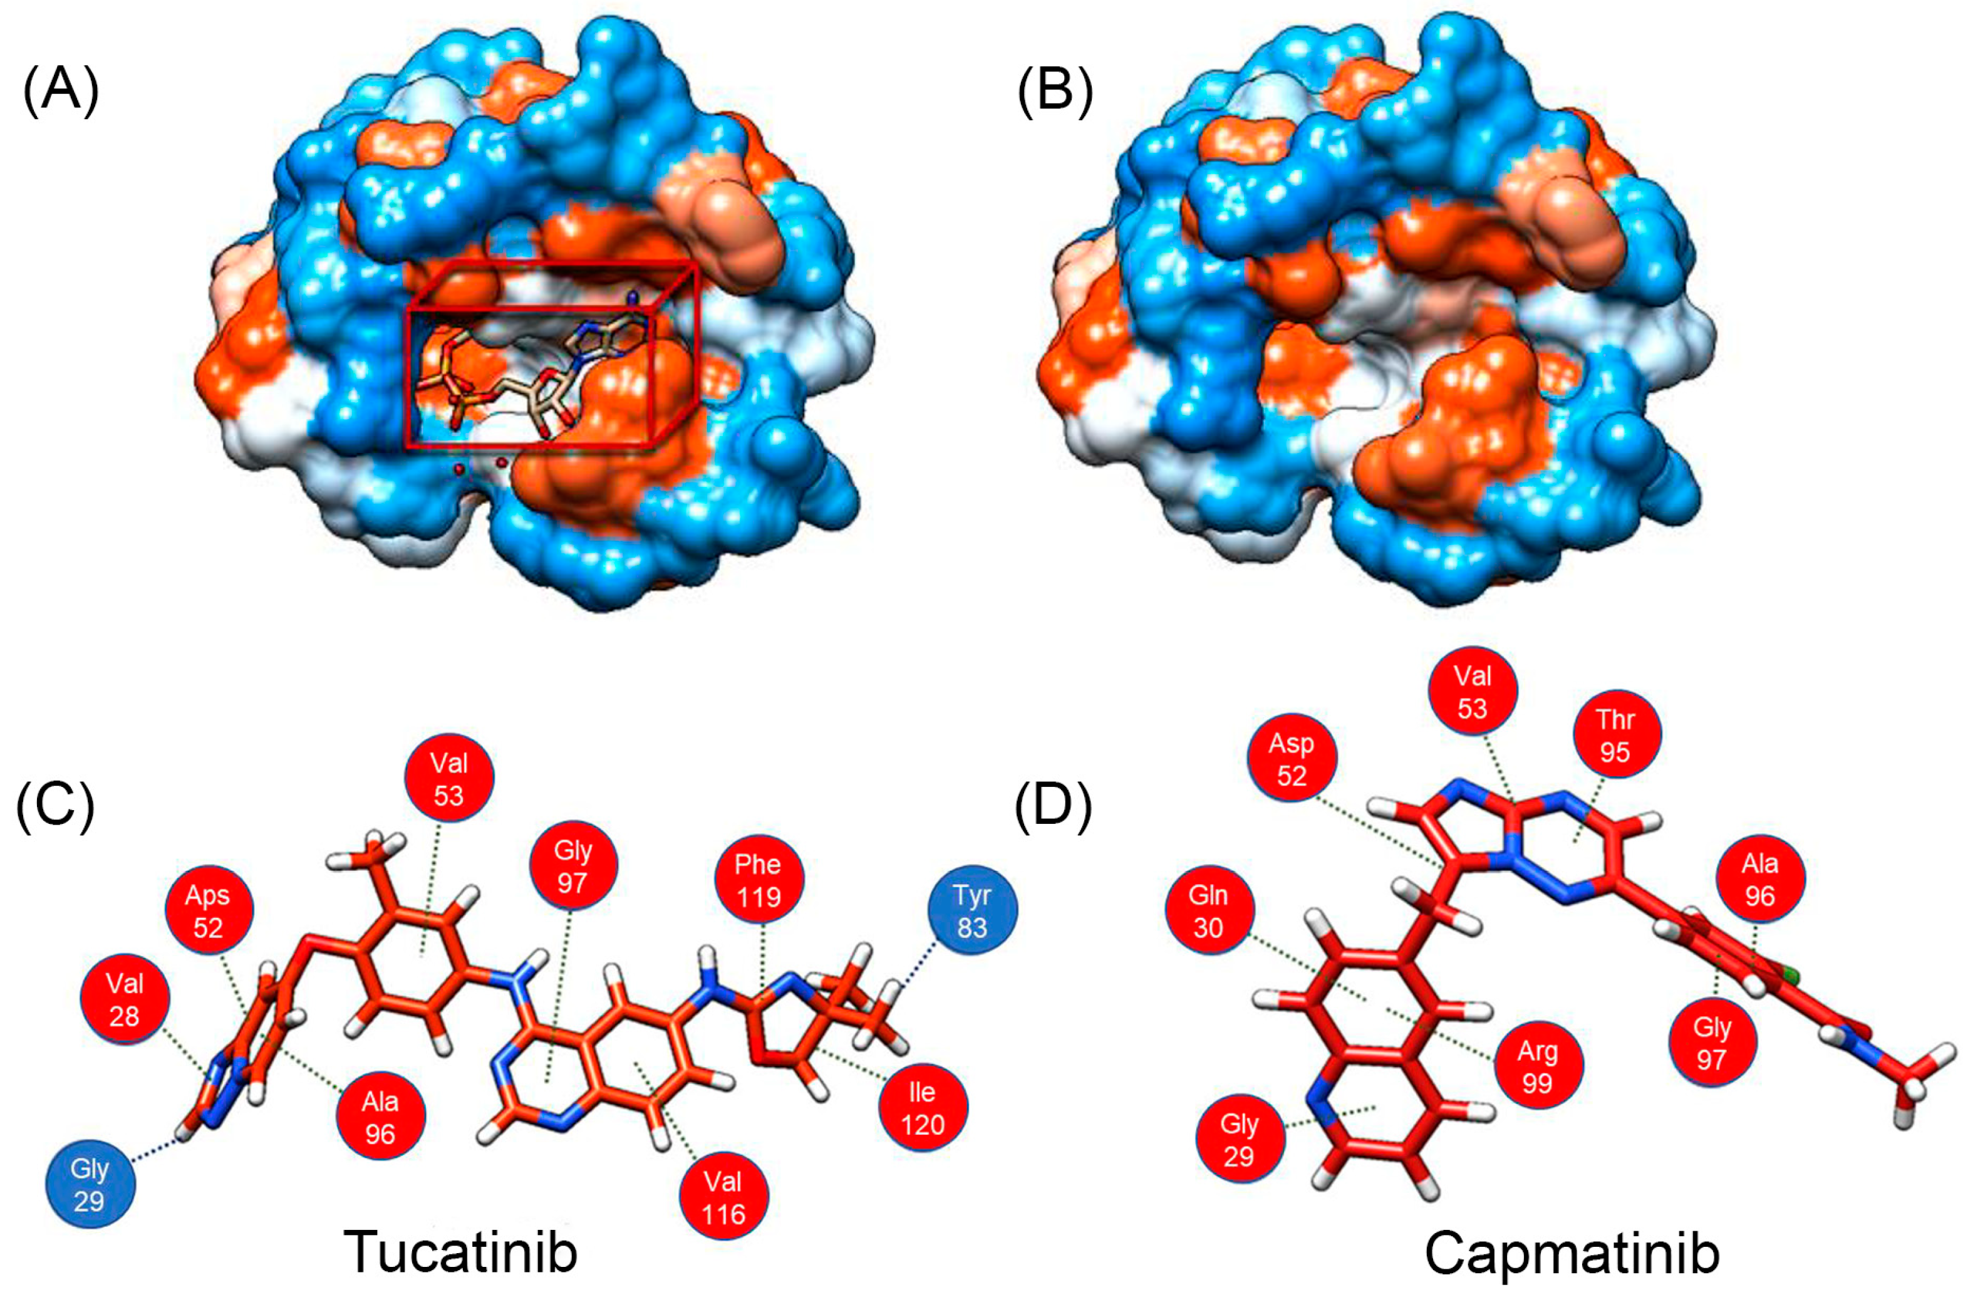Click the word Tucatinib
click(x=460, y=1251)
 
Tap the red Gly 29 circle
click(x=1239, y=1139)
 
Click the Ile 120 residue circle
click(x=922, y=1107)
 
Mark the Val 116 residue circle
click(x=723, y=1197)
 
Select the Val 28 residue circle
click(x=125, y=1000)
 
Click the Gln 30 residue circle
click(x=1208, y=911)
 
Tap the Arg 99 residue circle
click(x=1537, y=1067)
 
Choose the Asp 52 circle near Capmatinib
click(x=1292, y=759)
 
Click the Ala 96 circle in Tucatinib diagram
click(x=380, y=1117)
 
